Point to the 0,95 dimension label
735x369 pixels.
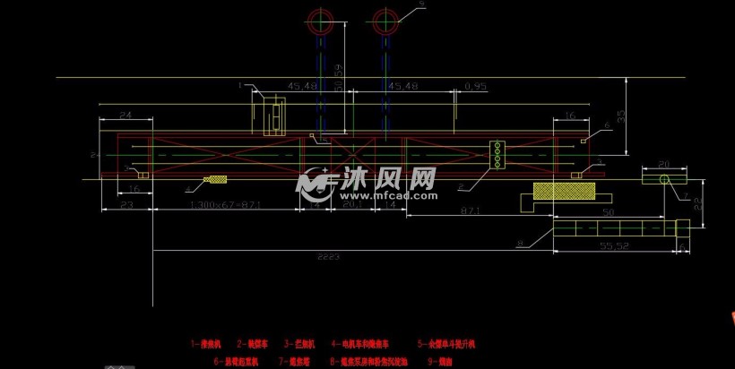tap(475, 87)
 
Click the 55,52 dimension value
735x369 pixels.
tap(612, 245)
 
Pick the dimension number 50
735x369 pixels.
tap(608, 212)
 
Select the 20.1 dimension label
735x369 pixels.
tap(351, 206)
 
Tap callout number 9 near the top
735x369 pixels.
tap(421, 5)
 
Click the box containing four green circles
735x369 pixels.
tap(496, 154)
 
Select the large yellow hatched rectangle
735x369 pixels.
tap(564, 191)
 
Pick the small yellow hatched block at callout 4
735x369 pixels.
tap(215, 179)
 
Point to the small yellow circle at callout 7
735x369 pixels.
tap(666, 180)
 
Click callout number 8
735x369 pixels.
tap(519, 242)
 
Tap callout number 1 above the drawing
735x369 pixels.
tap(240, 85)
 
